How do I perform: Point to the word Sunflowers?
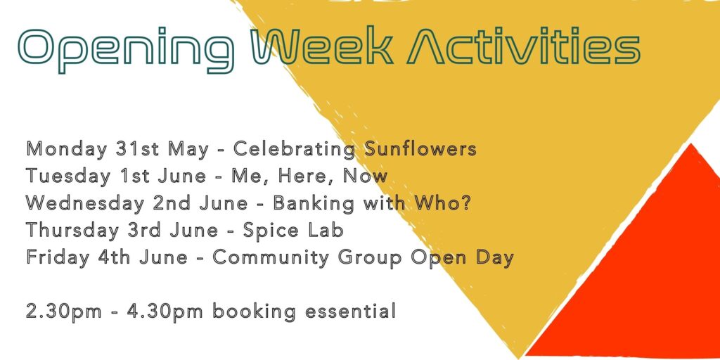click(x=420, y=149)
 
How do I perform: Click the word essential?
click(x=350, y=311)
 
